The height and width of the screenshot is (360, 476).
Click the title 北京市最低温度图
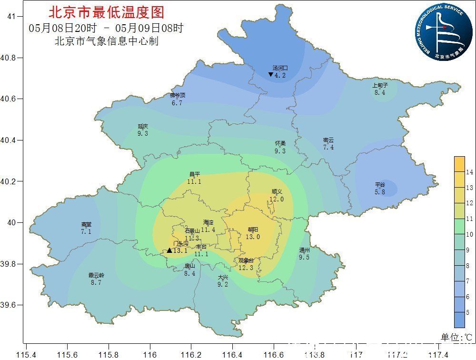pyautogui.click(x=106, y=12)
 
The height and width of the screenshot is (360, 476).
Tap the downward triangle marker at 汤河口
pyautogui.click(x=270, y=75)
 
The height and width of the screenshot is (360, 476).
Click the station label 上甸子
pyautogui.click(x=380, y=86)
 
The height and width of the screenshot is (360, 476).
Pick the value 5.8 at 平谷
pyautogui.click(x=380, y=192)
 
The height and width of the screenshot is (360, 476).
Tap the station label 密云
pyautogui.click(x=328, y=140)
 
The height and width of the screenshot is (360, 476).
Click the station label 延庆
pyautogui.click(x=143, y=127)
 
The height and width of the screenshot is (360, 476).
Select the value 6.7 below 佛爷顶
pyautogui.click(x=177, y=103)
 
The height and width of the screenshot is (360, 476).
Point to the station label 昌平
pyautogui.click(x=194, y=175)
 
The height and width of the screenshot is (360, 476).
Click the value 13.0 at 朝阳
pyautogui.click(x=253, y=237)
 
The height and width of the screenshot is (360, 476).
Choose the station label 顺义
pyautogui.click(x=277, y=192)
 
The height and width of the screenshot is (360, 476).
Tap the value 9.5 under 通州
pyautogui.click(x=304, y=257)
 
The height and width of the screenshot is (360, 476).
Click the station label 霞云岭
pyautogui.click(x=96, y=275)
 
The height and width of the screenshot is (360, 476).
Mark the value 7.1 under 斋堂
pyautogui.click(x=86, y=231)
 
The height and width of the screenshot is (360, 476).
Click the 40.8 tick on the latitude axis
pyautogui.click(x=9, y=58)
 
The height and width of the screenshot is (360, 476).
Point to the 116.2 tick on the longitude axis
pyautogui.click(x=191, y=354)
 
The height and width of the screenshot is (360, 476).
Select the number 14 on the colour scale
pyautogui.click(x=469, y=171)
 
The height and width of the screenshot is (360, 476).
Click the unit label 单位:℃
pyautogui.click(x=457, y=337)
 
